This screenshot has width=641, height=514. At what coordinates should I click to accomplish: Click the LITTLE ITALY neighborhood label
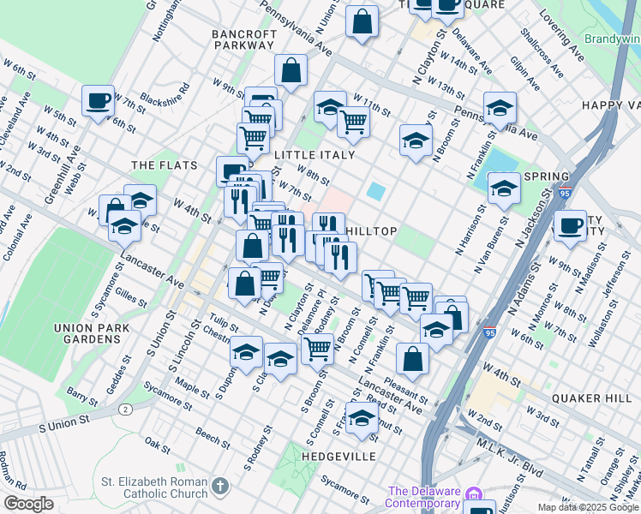[x=315, y=155]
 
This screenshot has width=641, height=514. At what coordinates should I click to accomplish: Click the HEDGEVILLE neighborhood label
[x=338, y=457]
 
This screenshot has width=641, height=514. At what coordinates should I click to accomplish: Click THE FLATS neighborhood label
[x=164, y=165]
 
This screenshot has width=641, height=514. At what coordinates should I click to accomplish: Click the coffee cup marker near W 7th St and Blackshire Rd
[x=99, y=100]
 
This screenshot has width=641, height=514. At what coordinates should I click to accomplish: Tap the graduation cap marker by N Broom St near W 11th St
[x=416, y=140]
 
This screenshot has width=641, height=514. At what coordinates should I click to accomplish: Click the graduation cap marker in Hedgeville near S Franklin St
[x=362, y=417]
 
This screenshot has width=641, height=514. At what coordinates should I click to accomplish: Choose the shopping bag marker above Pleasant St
[x=413, y=358]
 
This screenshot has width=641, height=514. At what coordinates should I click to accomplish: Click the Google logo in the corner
[x=28, y=505]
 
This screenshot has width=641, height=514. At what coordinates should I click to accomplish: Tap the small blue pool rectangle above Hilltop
[x=375, y=189]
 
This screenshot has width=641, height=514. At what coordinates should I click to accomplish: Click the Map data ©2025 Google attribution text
[x=588, y=507]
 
